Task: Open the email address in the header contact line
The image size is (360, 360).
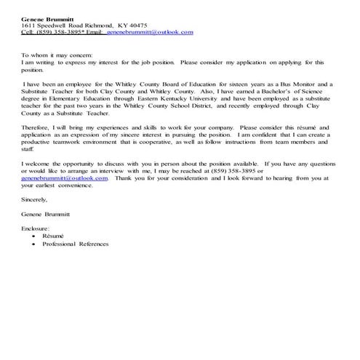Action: pos(150,33)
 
